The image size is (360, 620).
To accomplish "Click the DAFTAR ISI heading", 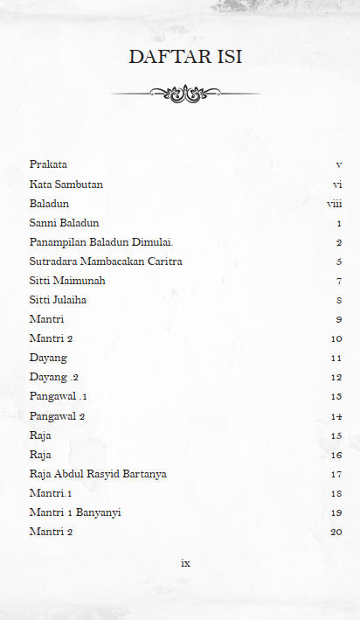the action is (185, 57).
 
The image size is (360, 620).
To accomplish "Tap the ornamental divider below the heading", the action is (185, 93).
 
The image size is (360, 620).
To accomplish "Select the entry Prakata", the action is (48, 164).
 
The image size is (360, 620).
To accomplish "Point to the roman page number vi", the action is (336, 185).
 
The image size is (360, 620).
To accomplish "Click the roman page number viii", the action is (334, 204).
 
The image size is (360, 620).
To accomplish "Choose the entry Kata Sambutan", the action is (66, 185).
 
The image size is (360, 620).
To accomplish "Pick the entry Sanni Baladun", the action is (64, 223).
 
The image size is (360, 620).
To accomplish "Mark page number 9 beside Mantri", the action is (338, 319).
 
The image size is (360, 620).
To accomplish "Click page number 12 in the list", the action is (336, 378).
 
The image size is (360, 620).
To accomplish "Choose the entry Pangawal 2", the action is (57, 416).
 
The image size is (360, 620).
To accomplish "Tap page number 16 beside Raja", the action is (336, 455).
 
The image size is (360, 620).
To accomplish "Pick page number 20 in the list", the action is (336, 532).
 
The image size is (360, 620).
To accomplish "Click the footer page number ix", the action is (185, 563).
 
